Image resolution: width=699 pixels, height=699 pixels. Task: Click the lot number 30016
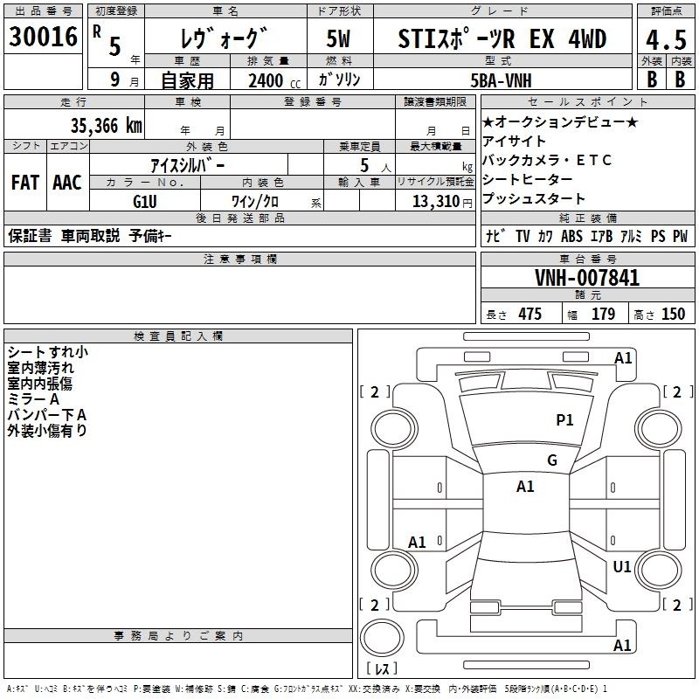(x=43, y=37)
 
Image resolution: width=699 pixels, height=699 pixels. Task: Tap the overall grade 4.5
(x=666, y=39)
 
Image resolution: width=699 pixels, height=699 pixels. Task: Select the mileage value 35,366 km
(x=106, y=126)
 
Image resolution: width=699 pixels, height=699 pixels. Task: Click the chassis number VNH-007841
(x=587, y=278)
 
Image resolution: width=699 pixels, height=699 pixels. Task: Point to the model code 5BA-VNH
(x=501, y=80)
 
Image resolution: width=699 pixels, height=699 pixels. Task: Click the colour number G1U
(x=145, y=202)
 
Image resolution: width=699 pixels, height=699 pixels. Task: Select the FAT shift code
(x=25, y=183)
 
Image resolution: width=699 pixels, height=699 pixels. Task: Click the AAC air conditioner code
(x=67, y=183)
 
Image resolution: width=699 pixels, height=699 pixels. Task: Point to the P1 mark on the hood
(x=564, y=419)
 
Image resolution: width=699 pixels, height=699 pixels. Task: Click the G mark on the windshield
(x=552, y=460)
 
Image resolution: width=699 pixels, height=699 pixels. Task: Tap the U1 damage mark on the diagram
(x=622, y=566)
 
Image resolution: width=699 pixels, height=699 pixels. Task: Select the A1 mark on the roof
(x=525, y=487)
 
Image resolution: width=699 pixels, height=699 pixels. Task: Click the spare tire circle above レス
(x=382, y=638)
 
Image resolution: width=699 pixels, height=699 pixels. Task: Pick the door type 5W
(x=338, y=38)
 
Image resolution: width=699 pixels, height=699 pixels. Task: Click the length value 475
(x=529, y=314)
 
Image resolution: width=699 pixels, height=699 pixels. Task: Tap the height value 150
(x=673, y=314)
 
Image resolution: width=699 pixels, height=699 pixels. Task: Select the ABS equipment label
(x=571, y=236)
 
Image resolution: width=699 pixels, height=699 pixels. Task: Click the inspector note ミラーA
(x=33, y=399)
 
